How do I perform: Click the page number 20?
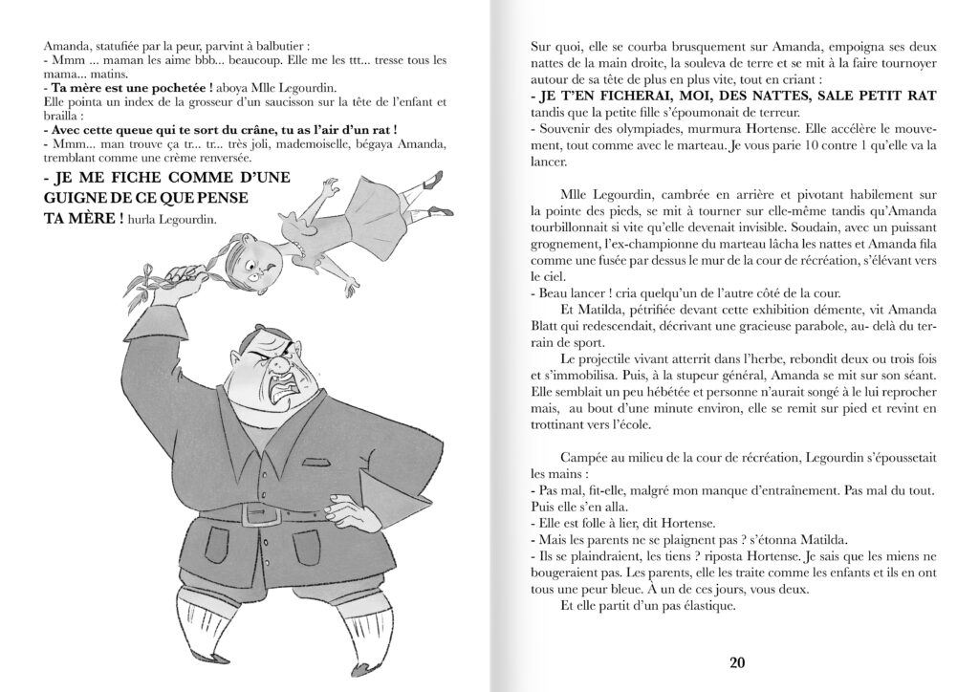pyautogui.click(x=736, y=662)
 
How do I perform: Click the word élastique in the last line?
pyautogui.click(x=704, y=605)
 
